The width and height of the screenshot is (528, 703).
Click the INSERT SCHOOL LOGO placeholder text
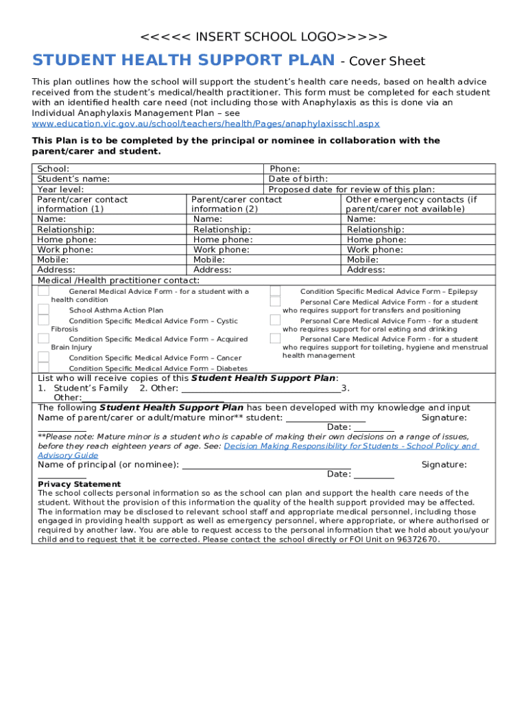click(263, 36)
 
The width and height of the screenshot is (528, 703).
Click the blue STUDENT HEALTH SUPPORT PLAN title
click(184, 60)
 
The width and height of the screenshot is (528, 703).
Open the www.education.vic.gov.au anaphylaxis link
click(206, 124)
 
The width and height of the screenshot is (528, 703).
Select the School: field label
click(53, 169)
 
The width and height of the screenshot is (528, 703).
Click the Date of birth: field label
click(298, 179)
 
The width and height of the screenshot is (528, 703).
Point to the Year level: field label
click(60, 189)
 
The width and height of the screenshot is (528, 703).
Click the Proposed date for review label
click(352, 189)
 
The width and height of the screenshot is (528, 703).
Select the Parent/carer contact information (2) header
click(236, 204)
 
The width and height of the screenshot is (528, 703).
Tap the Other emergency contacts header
click(411, 204)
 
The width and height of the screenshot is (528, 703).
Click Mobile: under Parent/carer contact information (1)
click(53, 260)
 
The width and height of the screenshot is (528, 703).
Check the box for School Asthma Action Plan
click(43, 310)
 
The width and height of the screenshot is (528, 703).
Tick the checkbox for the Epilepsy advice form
click(275, 291)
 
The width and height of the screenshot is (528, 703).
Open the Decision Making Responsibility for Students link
click(350, 446)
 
